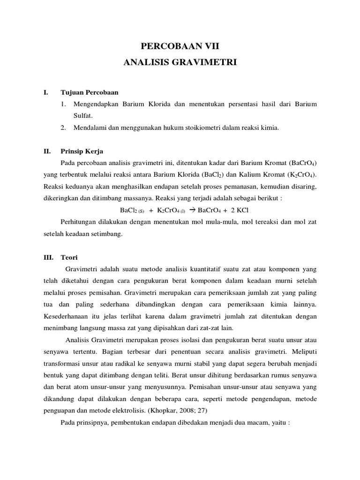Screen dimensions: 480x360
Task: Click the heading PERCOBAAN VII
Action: click(180, 45)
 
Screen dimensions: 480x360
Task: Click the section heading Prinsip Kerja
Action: click(82, 151)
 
